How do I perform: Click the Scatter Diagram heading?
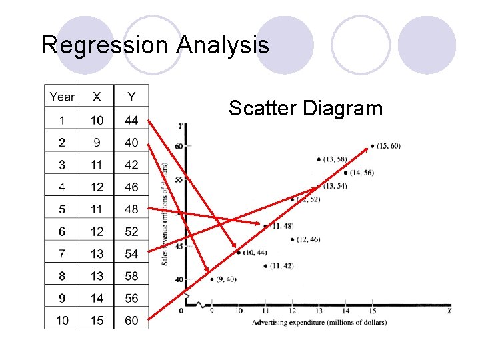pos(305,108)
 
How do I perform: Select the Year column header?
pos(62,97)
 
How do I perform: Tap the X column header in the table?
pos(97,97)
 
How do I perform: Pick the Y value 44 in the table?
pos(131,120)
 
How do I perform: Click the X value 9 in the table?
pos(97,142)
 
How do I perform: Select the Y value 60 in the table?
pos(131,320)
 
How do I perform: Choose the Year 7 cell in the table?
pos(62,253)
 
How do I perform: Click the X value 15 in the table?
pos(97,320)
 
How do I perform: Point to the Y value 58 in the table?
pos(131,275)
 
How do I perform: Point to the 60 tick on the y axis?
pos(179,146)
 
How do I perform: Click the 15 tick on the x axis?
pos(372,310)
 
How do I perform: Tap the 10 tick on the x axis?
pos(239,310)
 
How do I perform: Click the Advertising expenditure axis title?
pos(319,323)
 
